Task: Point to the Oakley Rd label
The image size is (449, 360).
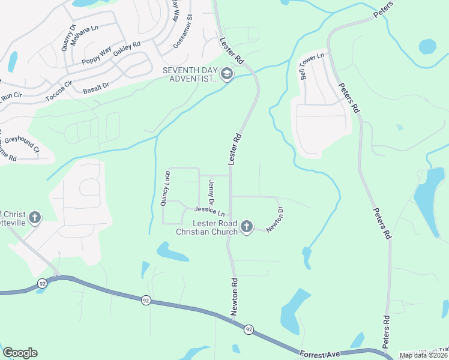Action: [x=127, y=49]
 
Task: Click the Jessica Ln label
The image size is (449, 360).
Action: [x=209, y=211]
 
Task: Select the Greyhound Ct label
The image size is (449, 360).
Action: [x=22, y=145]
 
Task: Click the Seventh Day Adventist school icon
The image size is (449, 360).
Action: [x=227, y=74]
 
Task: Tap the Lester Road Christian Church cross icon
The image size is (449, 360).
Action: [x=246, y=227]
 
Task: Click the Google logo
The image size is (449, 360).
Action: [x=20, y=353]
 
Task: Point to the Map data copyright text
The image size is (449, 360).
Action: [x=423, y=355]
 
